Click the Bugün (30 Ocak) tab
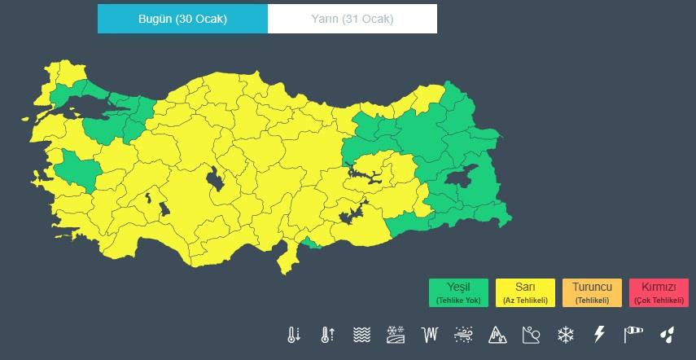tap(182, 19)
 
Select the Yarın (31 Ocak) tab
tap(352, 19)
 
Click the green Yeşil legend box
tap(459, 292)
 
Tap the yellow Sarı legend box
tap(525, 292)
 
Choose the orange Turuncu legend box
tap(592, 292)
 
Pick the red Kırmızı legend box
tap(659, 292)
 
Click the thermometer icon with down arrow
tap(294, 334)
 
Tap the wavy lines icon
tap(362, 334)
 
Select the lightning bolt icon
tap(599, 334)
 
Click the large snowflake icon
tap(565, 334)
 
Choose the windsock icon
tap(633, 334)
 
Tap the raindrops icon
tap(667, 334)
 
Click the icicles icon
tap(430, 334)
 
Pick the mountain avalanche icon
tap(497, 334)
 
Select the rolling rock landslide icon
tap(532, 334)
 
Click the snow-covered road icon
tap(396, 334)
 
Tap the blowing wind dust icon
tap(464, 334)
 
